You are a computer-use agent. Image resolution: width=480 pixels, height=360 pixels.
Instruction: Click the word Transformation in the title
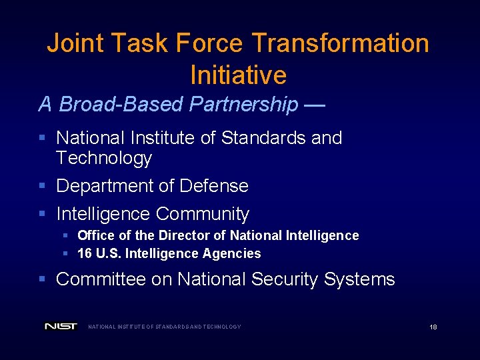(340, 43)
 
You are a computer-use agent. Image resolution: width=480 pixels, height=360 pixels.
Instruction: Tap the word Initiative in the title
(238, 75)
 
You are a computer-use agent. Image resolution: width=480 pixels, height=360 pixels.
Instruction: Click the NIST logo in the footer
(61, 327)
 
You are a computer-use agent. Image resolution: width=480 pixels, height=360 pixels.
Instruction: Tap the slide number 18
(433, 327)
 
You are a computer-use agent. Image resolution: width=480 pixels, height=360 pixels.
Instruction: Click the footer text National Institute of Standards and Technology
(165, 327)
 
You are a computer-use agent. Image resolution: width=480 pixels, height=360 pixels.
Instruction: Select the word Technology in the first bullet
(104, 158)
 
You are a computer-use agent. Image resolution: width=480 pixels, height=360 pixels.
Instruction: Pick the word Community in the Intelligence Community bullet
(203, 214)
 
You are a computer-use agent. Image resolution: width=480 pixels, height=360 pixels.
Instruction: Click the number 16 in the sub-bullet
(85, 253)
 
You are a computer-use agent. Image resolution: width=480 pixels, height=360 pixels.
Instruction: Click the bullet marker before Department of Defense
(42, 186)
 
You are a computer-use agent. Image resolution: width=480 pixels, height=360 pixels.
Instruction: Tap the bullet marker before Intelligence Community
(42, 214)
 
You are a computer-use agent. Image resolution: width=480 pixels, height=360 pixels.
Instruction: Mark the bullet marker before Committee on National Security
(42, 279)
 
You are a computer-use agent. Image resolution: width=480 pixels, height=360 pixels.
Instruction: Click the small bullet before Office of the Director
(65, 235)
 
